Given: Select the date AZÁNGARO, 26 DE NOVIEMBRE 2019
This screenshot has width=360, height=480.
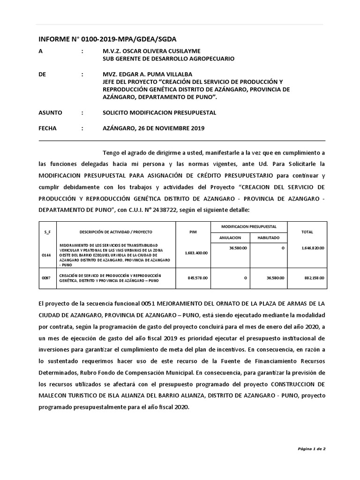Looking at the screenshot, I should (x=153, y=128).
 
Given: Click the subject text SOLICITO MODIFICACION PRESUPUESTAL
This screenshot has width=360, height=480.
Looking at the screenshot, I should (x=159, y=113).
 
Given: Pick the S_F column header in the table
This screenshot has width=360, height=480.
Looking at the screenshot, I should (x=47, y=232).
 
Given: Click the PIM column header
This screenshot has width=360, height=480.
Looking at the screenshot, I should (x=193, y=232).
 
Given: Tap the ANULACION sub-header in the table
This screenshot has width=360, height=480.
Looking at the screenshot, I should (x=229, y=238).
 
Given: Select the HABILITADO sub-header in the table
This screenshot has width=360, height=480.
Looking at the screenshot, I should (x=268, y=238).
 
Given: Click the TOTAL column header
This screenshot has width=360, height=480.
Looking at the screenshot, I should (x=307, y=232).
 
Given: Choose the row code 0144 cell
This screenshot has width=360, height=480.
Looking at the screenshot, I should (x=47, y=256).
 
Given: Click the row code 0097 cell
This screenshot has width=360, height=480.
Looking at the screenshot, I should (x=47, y=278).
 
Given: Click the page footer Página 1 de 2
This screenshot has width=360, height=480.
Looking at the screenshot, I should (x=312, y=449).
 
